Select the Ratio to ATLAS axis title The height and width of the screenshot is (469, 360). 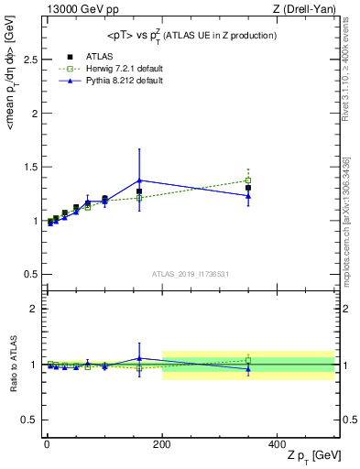click(12, 363)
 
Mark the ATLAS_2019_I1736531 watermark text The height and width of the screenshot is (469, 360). click(190, 274)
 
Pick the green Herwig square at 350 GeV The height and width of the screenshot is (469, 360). click(248, 180)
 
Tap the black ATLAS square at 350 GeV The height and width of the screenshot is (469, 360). click(248, 188)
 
